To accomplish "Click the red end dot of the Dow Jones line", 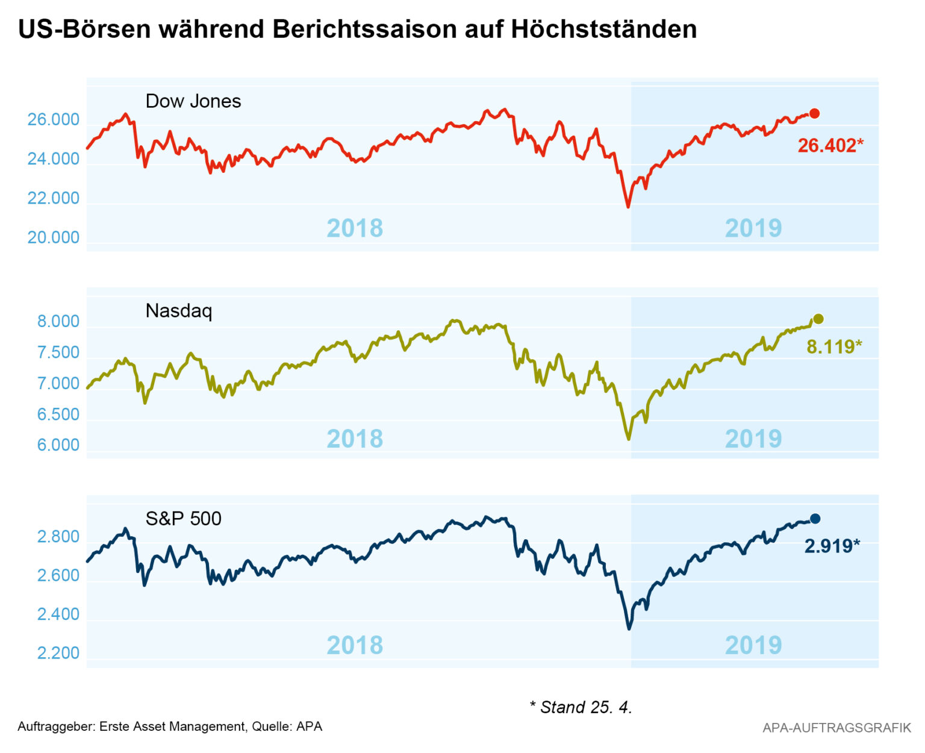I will coord(814,113).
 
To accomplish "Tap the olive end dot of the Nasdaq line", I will coord(818,319).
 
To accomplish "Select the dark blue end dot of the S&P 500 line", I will coord(815,519).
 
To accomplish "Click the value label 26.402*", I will coord(830,145).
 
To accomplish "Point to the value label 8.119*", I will coord(834,346).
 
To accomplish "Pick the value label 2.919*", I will coord(832,546).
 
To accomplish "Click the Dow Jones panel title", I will coord(193,101).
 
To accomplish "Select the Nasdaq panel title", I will coord(178,310).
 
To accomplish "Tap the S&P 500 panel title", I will coord(183,518).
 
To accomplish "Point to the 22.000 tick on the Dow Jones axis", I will coord(53,198).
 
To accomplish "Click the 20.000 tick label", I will coord(53,237).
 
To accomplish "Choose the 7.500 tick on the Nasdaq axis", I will coord(58,352).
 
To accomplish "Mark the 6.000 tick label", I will coord(58,445).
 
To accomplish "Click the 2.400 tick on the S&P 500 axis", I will coord(58,614).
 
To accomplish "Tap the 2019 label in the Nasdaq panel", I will coord(753,439).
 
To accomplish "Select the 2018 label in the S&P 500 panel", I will coord(355,645).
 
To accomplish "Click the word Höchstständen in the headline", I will coord(604,29).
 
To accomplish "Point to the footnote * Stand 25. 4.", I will coord(581,707).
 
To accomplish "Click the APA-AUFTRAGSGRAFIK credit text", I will coord(836,728).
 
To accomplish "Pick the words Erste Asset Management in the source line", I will coord(172,726).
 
